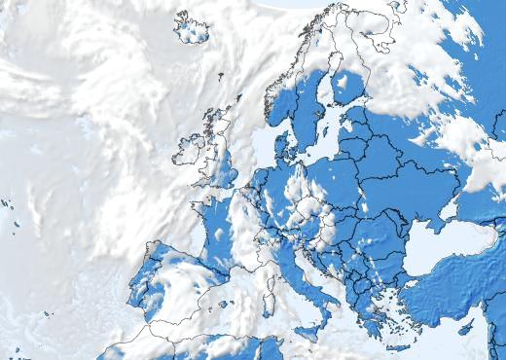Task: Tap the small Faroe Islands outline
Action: (220, 76)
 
